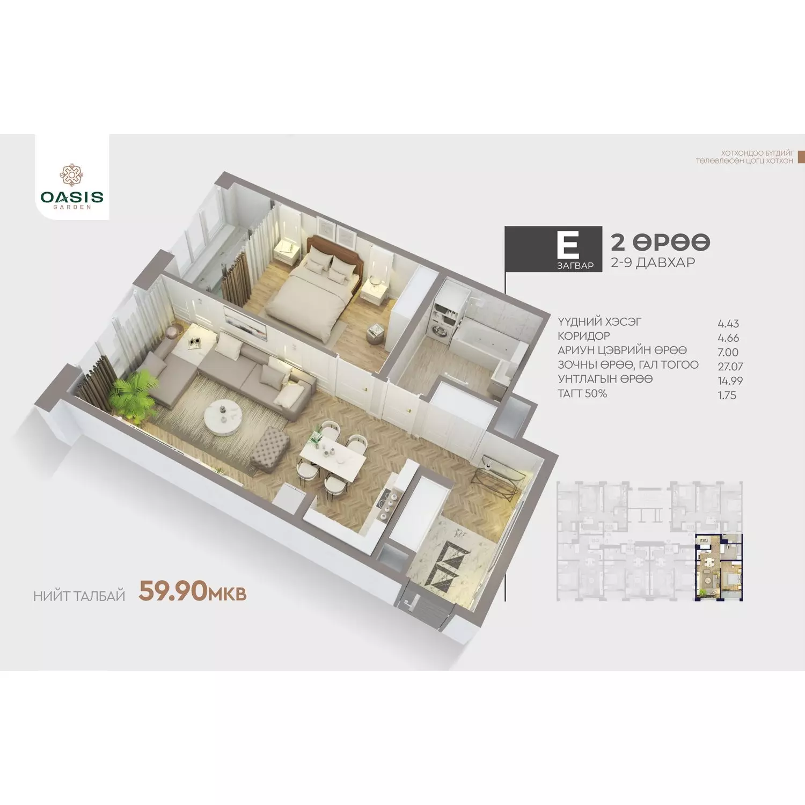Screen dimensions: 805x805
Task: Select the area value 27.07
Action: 730,367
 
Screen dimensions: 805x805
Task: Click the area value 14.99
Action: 730,381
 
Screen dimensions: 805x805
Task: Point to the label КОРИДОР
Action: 584,336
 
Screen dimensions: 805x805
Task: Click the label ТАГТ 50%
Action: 582,393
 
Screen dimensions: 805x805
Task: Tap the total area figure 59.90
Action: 173,591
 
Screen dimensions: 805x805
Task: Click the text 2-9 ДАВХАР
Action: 653,262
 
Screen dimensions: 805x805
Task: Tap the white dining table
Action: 333,457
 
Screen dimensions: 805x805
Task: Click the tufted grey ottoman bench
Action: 270,447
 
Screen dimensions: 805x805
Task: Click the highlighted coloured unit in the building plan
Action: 719,567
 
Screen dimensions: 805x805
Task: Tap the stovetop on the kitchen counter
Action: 387,504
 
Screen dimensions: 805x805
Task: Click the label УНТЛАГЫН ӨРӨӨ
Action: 605,379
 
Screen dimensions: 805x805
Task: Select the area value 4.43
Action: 728,324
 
